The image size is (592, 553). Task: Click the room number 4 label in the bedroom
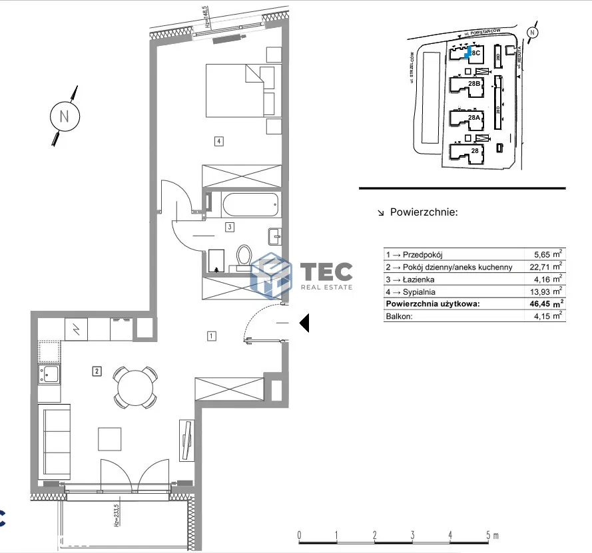218,140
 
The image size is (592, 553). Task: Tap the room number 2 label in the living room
97,371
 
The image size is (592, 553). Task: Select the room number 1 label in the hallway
211,336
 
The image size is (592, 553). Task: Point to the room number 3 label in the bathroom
228,227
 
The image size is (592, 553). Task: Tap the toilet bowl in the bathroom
244,256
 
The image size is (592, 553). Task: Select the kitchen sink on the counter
49,375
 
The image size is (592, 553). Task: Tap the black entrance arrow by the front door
304,323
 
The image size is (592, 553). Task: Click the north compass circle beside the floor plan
65,116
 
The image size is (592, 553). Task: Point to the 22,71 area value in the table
544,267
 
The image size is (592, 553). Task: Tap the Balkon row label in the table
399,315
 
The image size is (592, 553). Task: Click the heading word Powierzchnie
424,213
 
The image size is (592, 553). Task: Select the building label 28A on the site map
474,117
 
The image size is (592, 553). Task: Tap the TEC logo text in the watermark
326,272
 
